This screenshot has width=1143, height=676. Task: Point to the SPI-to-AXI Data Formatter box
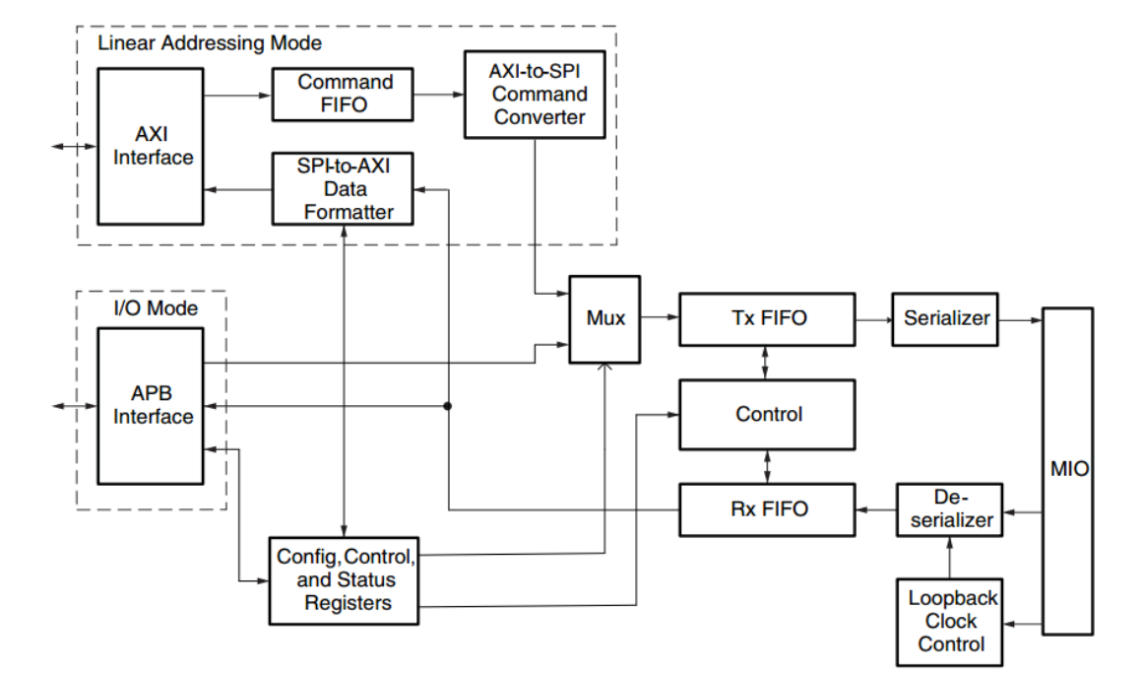click(342, 188)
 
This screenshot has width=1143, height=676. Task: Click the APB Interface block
click(151, 405)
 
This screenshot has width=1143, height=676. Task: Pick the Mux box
click(604, 318)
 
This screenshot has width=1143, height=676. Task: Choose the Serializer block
click(944, 318)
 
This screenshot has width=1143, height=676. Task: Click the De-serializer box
click(949, 509)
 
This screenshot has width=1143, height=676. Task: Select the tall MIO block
click(1068, 470)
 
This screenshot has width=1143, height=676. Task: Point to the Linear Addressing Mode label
click(209, 43)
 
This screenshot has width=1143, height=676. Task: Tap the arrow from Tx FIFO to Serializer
click(873, 318)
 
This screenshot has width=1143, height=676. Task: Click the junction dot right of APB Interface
click(448, 405)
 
